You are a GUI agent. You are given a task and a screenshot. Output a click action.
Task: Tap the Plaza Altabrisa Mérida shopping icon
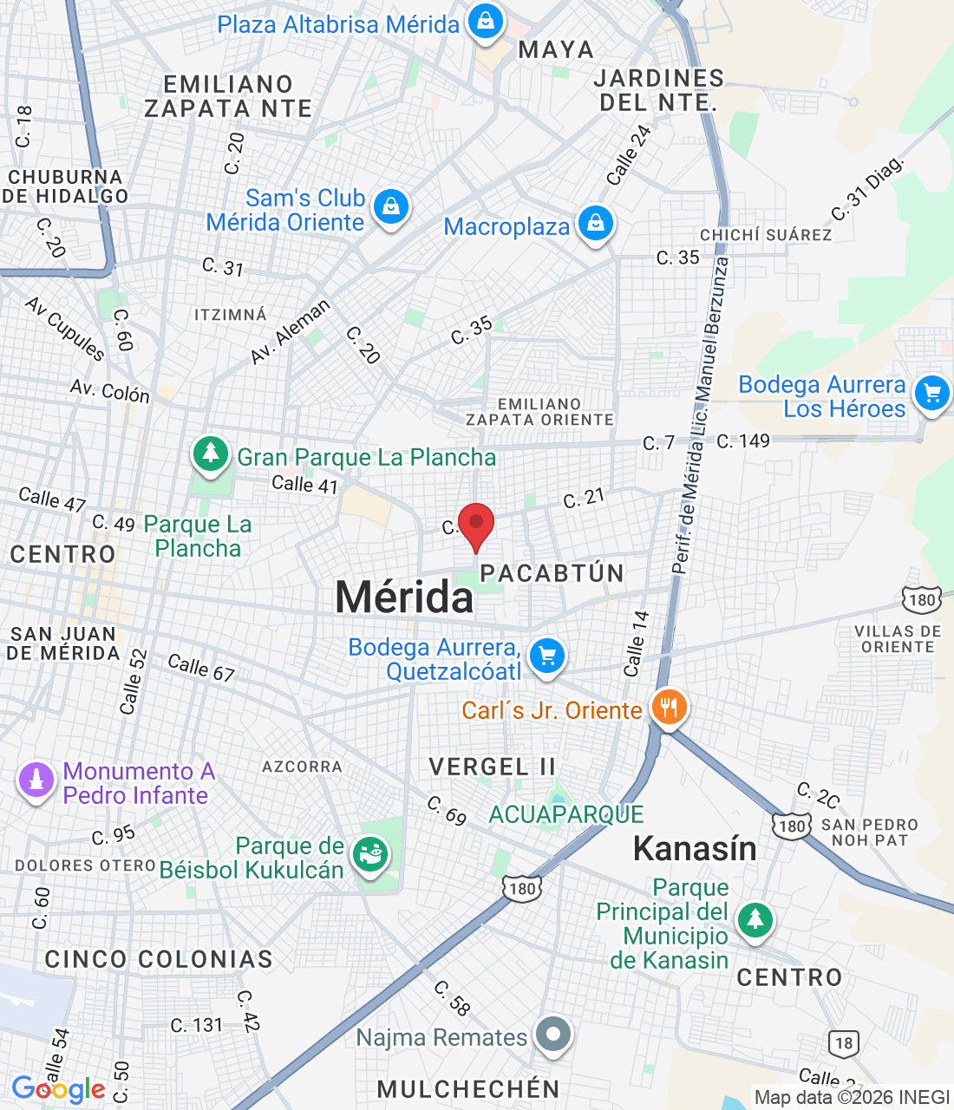coord(486,21)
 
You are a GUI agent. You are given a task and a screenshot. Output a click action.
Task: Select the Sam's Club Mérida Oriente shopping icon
coord(391,208)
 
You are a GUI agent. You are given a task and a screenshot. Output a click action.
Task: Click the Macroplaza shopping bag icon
coord(595,224)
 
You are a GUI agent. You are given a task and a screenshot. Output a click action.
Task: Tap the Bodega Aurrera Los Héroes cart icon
coord(932,395)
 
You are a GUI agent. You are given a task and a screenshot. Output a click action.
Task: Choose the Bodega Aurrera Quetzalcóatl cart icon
coord(547,656)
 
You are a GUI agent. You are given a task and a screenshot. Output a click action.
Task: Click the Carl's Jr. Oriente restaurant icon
coord(668,708)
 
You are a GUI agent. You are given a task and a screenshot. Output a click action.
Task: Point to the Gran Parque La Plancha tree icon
coord(210,454)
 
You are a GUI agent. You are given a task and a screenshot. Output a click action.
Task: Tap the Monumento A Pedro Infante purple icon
coord(36,780)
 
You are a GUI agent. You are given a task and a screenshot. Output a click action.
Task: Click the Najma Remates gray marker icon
coord(553,1034)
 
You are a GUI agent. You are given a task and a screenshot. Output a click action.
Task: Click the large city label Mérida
coord(404,597)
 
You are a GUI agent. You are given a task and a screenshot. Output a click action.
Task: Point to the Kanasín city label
coord(695,849)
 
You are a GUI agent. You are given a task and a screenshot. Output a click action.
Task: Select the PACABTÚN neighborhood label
coord(552,573)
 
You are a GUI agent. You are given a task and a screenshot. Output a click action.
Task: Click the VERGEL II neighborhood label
coord(492,767)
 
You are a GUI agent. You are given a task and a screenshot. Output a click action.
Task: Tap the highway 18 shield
coord(844,1043)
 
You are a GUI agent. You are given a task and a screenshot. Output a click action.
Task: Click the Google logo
coord(59,1089)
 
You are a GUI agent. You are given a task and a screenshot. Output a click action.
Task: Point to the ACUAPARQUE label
coord(566,814)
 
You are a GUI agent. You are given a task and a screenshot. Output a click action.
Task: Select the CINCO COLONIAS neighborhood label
coord(159,959)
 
